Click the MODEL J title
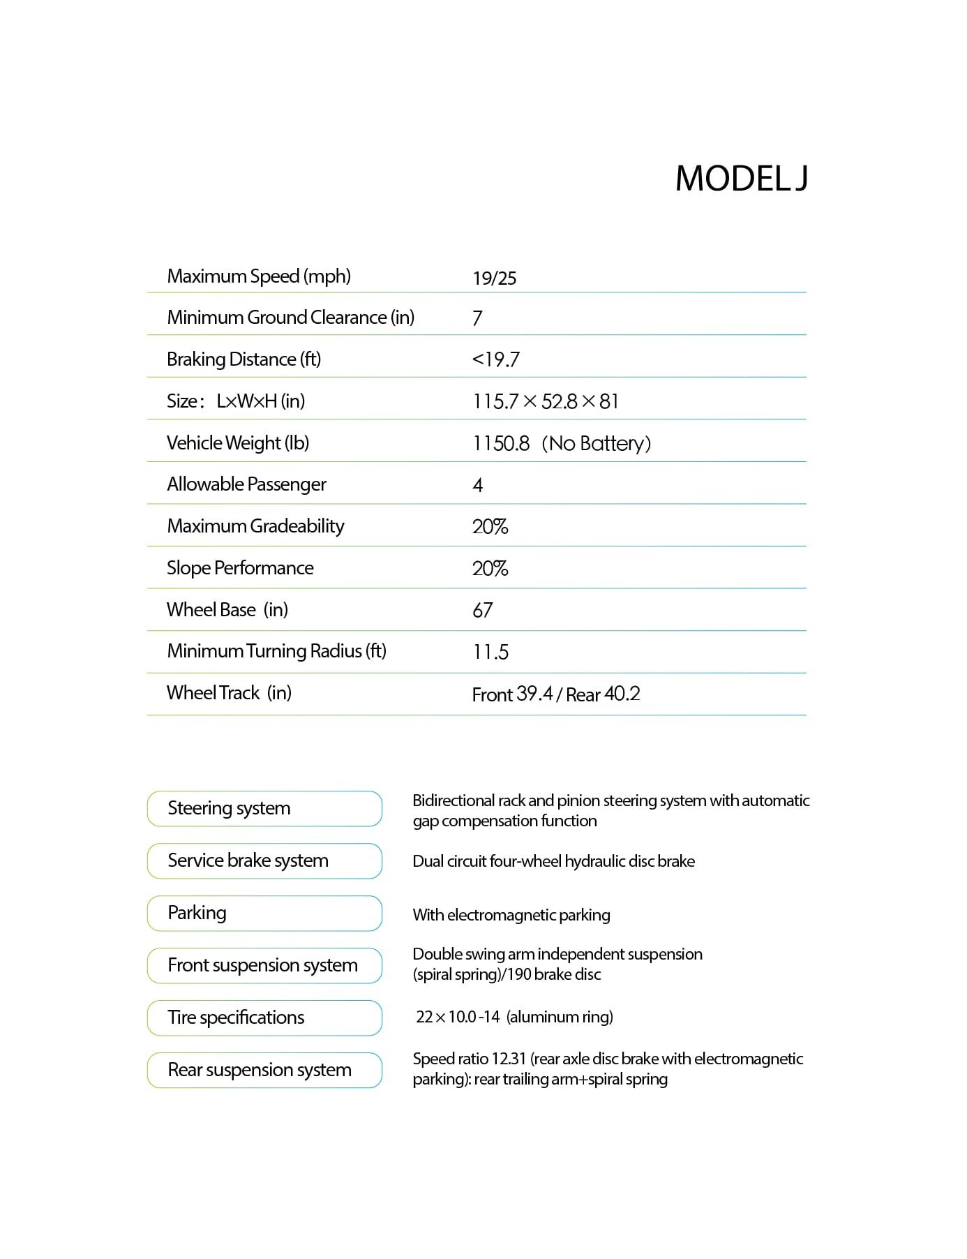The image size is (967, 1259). click(741, 179)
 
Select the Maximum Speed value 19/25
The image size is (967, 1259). click(494, 278)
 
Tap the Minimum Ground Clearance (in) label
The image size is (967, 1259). click(290, 318)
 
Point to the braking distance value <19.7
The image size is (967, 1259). click(495, 359)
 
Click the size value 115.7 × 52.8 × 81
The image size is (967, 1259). click(546, 401)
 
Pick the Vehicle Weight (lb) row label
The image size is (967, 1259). click(237, 443)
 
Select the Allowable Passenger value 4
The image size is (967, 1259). click(478, 485)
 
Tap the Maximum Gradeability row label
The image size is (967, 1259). click(255, 526)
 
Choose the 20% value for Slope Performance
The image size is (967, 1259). click(490, 568)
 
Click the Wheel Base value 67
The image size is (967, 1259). click(482, 610)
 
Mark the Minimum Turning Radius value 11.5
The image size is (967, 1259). click(490, 652)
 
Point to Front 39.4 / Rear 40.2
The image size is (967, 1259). click(555, 694)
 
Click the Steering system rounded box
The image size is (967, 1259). click(264, 808)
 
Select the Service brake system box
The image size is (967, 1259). click(264, 861)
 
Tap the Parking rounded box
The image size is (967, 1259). click(264, 913)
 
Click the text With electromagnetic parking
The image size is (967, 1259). click(511, 915)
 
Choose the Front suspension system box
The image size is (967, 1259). click(264, 965)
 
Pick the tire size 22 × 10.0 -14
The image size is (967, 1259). click(458, 1017)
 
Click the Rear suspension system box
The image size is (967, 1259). click(264, 1070)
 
